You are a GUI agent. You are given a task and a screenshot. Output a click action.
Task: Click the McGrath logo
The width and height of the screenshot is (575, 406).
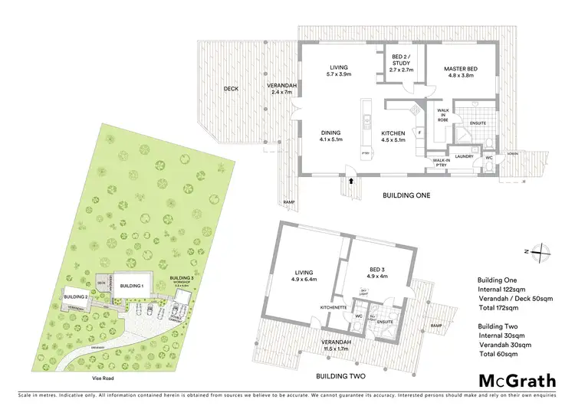517,381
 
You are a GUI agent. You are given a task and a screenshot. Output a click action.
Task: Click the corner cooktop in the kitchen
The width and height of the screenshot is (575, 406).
416,110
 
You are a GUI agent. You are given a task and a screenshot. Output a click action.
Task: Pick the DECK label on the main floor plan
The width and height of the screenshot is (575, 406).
231,89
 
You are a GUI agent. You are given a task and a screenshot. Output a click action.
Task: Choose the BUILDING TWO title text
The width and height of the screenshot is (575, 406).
341,377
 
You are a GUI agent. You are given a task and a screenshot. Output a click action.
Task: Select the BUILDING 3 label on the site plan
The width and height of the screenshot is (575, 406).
181,277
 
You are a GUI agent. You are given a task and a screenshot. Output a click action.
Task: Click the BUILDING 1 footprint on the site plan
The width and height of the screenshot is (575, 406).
132,286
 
